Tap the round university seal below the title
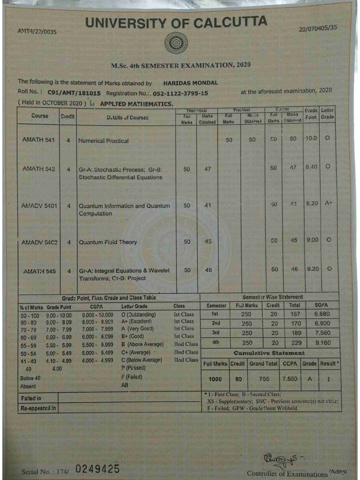click(176, 43)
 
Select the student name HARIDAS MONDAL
click(190, 82)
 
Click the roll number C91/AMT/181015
click(74, 93)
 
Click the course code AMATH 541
click(38, 140)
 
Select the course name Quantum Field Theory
click(108, 242)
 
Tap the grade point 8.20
click(312, 204)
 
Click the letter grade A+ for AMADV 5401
click(328, 203)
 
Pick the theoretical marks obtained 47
click(208, 169)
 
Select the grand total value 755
click(264, 378)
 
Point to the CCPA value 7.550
click(290, 378)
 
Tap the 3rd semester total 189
click(295, 333)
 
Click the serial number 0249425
click(97, 469)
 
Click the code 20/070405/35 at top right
click(318, 28)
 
